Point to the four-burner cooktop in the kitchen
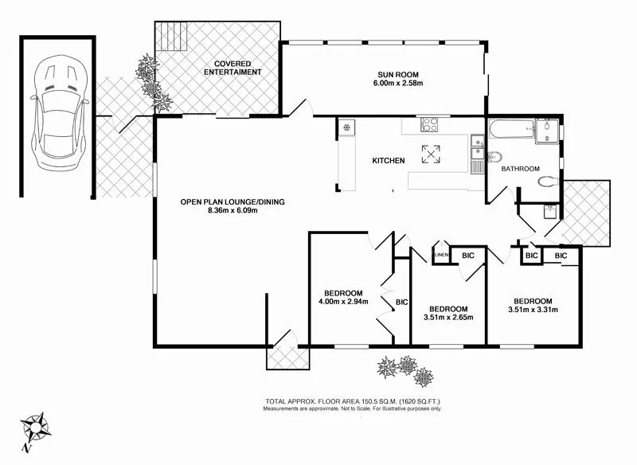pos(429,124)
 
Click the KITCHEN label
pos(389,161)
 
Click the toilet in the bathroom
pos(547,182)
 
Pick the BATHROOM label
pos(520,169)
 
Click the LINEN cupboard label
pos(440,255)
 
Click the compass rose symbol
pos(34,428)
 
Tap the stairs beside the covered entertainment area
pos(172,36)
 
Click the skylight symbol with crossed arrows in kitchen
pos(430,154)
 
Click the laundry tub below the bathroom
pos(549,212)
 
